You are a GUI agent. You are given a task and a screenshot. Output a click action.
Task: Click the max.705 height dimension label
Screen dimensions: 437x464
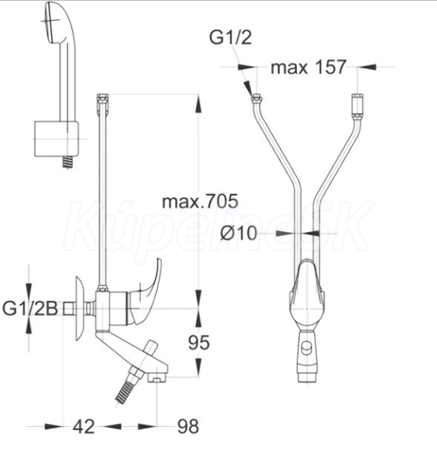point(200,202)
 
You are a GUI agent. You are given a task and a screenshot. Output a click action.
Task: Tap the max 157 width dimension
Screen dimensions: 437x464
point(308,67)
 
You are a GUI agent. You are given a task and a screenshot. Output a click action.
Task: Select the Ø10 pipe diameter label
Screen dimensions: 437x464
point(239,233)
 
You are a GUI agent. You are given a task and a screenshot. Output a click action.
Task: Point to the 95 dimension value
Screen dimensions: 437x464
point(199,343)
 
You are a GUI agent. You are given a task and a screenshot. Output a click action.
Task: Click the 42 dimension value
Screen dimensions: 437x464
point(84,426)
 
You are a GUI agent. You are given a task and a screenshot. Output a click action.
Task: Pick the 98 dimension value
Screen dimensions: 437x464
point(188,426)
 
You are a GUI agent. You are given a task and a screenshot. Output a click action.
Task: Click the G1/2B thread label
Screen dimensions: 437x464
point(30,309)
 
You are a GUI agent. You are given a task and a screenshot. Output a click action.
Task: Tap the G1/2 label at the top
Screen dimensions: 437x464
point(231,38)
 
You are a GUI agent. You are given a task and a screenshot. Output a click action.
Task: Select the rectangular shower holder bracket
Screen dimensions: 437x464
point(57,138)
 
